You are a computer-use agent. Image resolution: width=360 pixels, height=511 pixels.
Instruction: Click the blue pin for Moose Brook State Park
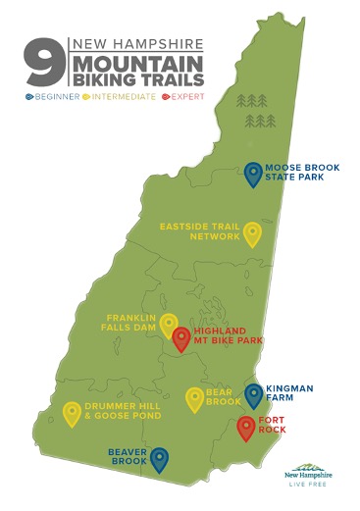click(x=253, y=174)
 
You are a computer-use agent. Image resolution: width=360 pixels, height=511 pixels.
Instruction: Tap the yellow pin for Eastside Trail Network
click(x=252, y=233)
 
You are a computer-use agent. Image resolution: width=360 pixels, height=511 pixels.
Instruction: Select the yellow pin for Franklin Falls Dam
click(x=169, y=324)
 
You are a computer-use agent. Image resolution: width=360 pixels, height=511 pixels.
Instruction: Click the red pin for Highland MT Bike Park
click(x=180, y=338)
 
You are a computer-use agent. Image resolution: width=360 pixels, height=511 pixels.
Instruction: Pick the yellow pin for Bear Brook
click(x=194, y=398)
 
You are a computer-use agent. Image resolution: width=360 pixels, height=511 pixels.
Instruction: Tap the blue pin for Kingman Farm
click(x=253, y=394)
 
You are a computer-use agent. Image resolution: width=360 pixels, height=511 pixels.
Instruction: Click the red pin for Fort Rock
click(x=245, y=428)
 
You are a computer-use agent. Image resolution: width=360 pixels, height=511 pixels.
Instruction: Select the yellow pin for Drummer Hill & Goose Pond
click(x=72, y=413)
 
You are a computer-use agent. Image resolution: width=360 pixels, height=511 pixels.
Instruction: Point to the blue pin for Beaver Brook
click(x=157, y=458)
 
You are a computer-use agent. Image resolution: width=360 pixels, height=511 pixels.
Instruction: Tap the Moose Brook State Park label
click(x=302, y=174)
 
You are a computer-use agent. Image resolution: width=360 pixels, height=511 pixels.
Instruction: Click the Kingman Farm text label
click(x=290, y=394)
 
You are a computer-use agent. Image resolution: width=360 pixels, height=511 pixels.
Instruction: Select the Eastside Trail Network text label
click(x=200, y=230)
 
